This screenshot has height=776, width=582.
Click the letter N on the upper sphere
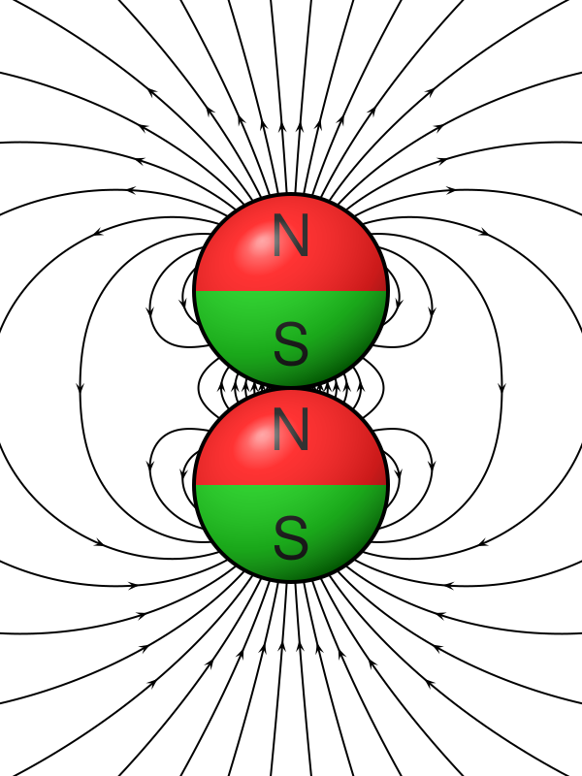coord(291,235)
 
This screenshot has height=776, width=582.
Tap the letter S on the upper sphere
coord(291,343)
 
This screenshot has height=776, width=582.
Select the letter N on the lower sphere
coord(291,429)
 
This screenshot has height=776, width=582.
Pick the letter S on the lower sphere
coord(291,537)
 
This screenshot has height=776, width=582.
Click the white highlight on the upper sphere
coord(255,243)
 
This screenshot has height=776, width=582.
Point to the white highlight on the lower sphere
coord(255,437)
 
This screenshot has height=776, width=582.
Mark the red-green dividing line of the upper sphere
coord(291,290)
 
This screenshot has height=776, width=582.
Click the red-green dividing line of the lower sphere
coord(291,484)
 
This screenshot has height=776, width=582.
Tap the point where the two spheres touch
coord(291,387)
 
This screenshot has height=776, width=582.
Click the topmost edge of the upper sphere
coord(291,194)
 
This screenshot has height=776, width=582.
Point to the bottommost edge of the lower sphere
coord(291,581)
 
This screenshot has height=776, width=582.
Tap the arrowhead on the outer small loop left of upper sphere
coord(150,311)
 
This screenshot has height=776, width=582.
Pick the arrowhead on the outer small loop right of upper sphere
coord(432,311)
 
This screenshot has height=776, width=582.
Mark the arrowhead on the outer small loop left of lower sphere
coord(150,466)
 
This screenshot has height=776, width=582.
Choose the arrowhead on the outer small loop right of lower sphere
coord(432,466)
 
